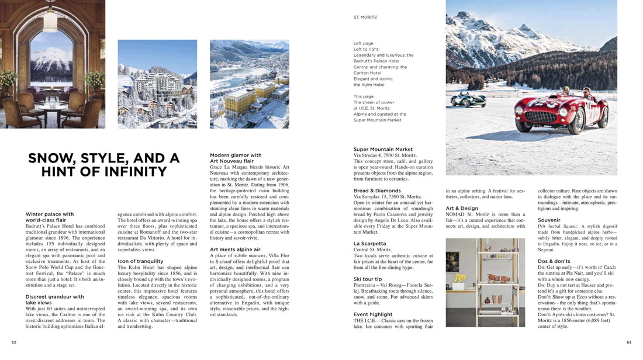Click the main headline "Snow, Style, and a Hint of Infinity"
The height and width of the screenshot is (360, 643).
click(x=104, y=165)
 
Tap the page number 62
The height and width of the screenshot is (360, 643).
click(x=13, y=342)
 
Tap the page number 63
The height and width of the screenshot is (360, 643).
click(x=629, y=342)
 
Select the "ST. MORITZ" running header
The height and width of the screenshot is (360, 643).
click(x=365, y=18)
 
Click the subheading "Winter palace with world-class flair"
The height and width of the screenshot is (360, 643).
click(x=50, y=217)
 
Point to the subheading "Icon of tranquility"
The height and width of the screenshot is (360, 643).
click(x=140, y=261)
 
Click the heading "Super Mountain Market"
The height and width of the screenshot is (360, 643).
click(x=383, y=150)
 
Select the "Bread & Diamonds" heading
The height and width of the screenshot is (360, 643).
click(x=377, y=191)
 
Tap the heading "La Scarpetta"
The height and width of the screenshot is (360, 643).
click(x=369, y=244)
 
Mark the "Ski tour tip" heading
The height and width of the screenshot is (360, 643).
click(x=368, y=279)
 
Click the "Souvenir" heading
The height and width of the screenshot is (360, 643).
click(x=549, y=220)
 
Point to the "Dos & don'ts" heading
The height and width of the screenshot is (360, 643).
click(x=554, y=261)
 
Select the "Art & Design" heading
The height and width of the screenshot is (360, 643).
click(x=462, y=208)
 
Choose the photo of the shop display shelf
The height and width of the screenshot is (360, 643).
click(x=477, y=282)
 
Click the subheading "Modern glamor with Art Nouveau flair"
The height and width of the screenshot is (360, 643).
click(x=236, y=158)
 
